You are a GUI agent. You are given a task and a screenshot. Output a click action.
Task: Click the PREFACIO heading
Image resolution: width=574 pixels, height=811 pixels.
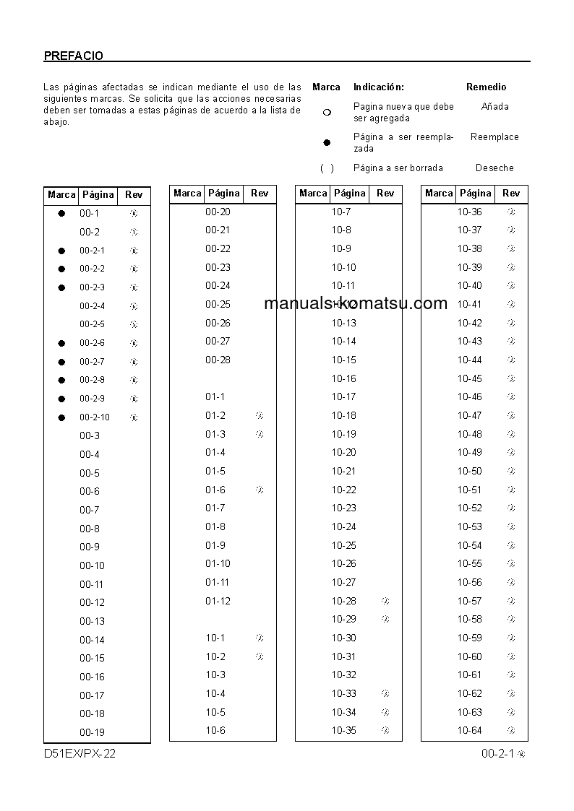point(73,56)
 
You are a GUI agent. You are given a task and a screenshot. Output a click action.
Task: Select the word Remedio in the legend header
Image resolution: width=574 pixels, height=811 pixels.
point(486,87)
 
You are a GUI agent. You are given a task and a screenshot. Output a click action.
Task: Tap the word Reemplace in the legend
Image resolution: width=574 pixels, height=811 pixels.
point(494,136)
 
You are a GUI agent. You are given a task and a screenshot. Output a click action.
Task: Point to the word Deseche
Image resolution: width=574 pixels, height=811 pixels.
point(494,168)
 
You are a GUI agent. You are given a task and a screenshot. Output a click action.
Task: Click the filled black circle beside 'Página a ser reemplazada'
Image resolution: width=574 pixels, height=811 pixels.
point(327,142)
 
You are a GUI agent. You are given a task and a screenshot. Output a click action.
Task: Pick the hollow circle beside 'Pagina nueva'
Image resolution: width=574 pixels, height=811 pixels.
point(327,112)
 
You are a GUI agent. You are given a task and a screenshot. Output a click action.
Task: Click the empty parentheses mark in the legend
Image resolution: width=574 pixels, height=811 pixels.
point(327,168)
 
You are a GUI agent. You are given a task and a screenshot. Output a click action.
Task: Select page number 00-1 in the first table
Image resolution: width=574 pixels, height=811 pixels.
point(90,213)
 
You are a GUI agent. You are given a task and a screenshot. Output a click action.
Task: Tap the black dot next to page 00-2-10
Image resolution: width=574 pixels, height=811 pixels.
point(61,417)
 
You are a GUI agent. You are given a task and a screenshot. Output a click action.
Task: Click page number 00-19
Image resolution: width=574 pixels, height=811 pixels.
point(92,732)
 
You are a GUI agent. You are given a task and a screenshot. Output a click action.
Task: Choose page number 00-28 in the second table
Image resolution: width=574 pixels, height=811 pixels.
point(218,360)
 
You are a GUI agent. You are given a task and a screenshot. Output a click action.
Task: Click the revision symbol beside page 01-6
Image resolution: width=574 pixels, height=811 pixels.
point(260,490)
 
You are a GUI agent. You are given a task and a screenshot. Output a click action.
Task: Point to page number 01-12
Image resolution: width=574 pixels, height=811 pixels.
point(218,601)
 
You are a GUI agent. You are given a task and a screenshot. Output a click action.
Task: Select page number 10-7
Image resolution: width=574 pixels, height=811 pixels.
point(341,212)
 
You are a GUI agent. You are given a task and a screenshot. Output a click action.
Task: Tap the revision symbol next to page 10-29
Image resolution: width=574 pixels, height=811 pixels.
point(385,619)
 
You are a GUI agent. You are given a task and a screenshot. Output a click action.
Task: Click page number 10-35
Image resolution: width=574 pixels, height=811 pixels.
point(344,730)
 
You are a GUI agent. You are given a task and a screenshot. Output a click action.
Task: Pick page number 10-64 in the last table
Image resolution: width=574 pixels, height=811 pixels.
point(469,730)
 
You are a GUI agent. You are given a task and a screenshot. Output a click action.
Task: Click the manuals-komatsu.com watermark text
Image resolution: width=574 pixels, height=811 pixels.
point(356,303)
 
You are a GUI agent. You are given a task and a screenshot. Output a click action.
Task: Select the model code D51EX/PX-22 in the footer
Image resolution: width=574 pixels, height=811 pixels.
point(80,754)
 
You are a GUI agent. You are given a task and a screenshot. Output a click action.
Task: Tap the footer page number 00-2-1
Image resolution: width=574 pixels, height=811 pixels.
point(497,754)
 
